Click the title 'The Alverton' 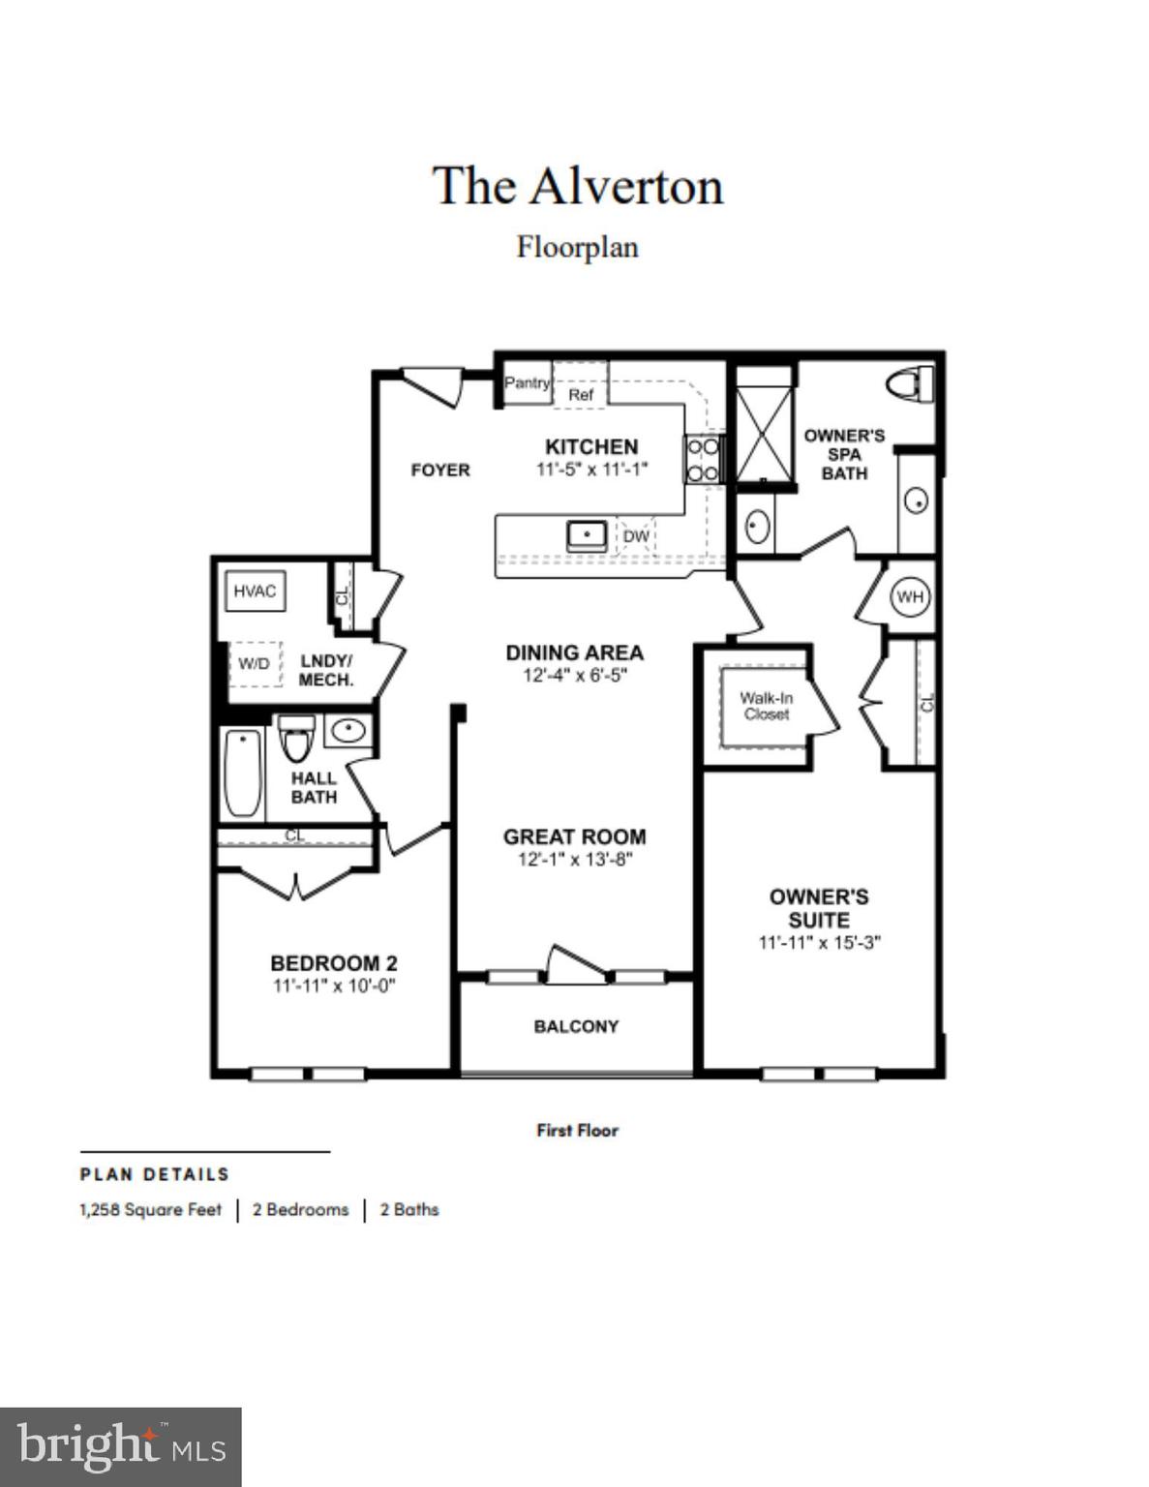(577, 186)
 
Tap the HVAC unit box (255, 591)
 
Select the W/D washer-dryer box (255, 663)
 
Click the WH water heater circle (909, 596)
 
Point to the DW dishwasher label (635, 536)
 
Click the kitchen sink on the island (587, 535)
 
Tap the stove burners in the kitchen (703, 459)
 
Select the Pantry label (527, 382)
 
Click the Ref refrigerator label (581, 395)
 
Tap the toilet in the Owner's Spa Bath (910, 383)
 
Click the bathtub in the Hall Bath (242, 774)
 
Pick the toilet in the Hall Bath (296, 739)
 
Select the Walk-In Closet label (766, 705)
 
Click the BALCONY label (576, 1026)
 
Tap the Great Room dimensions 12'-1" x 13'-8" (575, 859)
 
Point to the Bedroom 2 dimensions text (334, 986)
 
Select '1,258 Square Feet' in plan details (150, 1209)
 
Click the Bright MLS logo (120, 1447)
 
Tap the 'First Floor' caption (577, 1130)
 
